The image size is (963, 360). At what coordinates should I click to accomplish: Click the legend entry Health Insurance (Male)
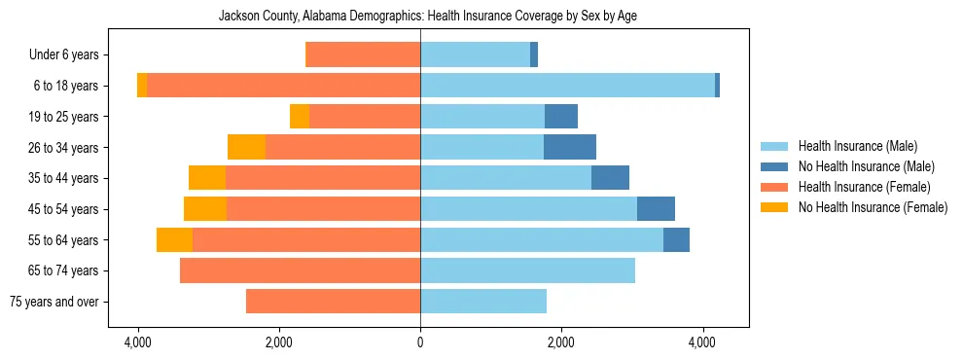click(857, 146)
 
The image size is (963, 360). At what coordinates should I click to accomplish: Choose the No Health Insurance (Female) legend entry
click(873, 207)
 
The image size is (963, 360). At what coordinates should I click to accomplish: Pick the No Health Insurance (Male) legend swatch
click(775, 166)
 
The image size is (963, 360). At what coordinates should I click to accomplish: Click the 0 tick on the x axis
click(420, 342)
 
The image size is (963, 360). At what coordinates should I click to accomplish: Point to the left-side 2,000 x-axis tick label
click(279, 342)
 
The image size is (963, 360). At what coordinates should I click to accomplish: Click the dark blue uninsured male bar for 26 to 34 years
click(570, 147)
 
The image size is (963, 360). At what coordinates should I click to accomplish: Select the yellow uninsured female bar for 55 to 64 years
click(174, 239)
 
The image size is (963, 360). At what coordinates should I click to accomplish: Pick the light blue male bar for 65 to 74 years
click(527, 270)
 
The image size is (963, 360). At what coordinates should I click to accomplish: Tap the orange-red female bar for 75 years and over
click(333, 302)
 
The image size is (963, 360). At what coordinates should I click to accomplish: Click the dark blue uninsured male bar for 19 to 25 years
click(561, 117)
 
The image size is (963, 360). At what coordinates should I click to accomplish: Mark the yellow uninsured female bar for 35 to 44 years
click(207, 178)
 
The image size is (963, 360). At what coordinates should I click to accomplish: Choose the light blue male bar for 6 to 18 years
click(567, 86)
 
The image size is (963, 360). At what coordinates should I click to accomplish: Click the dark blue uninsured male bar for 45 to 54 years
click(656, 209)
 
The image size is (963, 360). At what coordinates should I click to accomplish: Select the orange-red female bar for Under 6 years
click(363, 55)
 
